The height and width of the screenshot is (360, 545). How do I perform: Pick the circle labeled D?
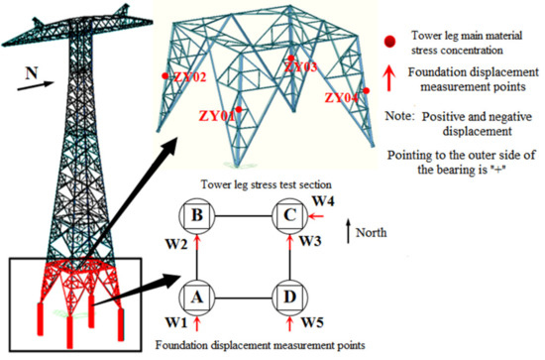coord(287,296)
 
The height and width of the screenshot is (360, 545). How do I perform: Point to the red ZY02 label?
coord(188,76)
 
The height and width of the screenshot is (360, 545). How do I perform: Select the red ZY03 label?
coord(301,67)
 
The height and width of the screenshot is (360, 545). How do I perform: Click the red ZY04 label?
coord(343,97)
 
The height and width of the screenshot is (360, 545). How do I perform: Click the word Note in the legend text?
coord(401,117)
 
